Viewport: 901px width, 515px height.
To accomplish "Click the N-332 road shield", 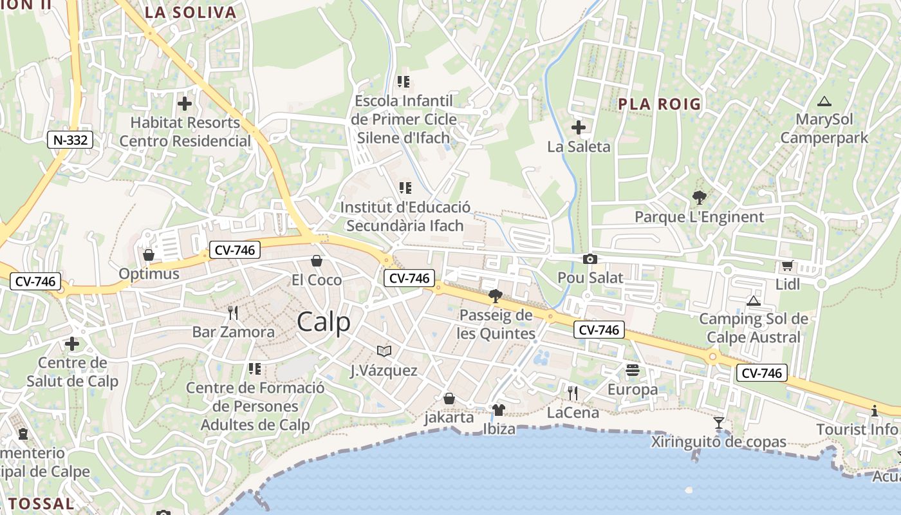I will (70, 139).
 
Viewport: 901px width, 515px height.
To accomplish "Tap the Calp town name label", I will (324, 322).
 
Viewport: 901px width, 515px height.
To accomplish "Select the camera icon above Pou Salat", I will (590, 259).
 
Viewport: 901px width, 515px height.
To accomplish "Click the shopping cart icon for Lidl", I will (787, 265).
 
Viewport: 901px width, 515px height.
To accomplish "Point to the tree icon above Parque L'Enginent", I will (699, 198).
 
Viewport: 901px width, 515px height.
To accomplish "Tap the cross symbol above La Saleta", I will (579, 127).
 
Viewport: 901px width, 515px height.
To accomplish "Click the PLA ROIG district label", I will (659, 104).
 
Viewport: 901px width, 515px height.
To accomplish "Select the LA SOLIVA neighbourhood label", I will (190, 12).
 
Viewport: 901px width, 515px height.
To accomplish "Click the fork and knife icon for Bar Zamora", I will (233, 313).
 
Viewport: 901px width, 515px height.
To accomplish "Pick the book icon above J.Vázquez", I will (384, 351).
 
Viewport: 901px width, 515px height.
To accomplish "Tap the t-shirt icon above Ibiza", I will (498, 409).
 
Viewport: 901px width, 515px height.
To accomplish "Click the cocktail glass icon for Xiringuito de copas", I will (719, 423).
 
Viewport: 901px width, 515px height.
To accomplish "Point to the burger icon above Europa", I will (633, 370).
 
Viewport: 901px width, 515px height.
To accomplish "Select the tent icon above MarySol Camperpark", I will (824, 101).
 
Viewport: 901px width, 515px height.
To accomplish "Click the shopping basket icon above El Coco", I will (316, 261).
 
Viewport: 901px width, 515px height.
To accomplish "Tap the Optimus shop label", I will (149, 274).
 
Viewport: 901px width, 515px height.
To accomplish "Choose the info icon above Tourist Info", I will (874, 411).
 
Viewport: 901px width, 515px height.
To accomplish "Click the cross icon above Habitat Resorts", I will (185, 103).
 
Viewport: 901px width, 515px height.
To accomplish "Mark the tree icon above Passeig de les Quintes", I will (495, 296).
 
